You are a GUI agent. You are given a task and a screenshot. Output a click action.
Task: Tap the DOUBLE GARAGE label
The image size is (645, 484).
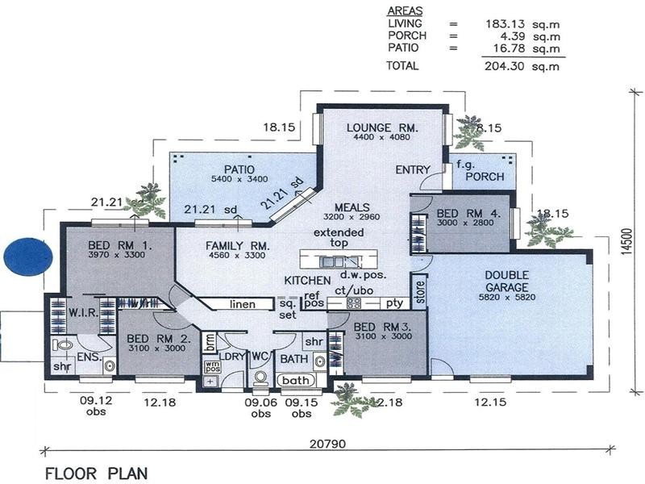(506, 281)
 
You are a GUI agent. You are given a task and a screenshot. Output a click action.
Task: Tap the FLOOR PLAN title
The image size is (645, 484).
(96, 473)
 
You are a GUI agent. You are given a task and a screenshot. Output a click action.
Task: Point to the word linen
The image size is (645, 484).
(242, 304)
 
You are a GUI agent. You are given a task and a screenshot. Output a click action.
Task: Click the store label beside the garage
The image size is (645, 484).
(419, 290)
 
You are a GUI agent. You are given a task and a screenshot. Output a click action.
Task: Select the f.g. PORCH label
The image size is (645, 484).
(481, 171)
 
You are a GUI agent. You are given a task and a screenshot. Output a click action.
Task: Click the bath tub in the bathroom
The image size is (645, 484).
(297, 380)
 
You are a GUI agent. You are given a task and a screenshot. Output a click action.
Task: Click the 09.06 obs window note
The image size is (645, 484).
(260, 408)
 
